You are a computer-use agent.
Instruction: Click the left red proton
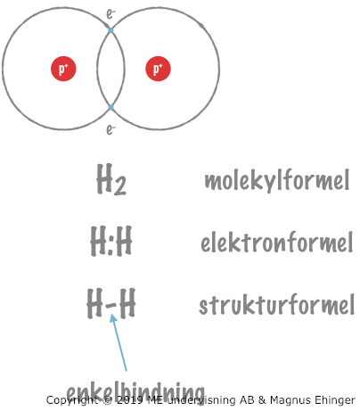coord(63,69)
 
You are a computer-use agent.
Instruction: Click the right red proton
coord(158,69)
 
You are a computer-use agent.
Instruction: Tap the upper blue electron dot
coord(110,30)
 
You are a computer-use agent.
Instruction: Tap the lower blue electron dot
coord(110,108)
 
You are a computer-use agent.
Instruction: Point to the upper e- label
coord(110,14)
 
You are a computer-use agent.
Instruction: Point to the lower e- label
coord(110,129)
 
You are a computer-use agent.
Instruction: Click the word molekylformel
coord(277,180)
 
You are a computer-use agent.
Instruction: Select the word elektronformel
coord(277,242)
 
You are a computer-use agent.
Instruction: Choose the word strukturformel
coord(277,305)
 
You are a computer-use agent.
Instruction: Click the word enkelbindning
coord(135,392)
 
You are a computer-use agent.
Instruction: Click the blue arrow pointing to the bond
coord(119,342)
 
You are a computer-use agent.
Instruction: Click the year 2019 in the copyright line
coord(129,400)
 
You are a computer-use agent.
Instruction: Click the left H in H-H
coord(94,304)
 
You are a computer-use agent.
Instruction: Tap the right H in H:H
coord(123,241)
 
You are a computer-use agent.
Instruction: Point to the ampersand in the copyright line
coord(262,400)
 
